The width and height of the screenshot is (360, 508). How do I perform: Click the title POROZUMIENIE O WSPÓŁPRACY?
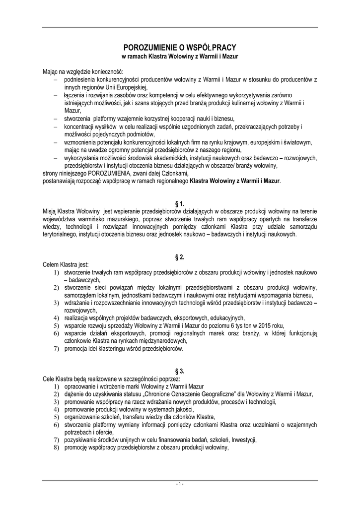pos(180,48)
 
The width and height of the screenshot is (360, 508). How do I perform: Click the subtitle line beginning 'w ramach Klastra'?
pos(180,57)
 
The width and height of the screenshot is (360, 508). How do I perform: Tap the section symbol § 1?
pos(180,204)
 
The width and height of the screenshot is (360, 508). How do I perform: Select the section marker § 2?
pos(180,257)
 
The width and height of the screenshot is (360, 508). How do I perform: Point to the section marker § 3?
pos(180,371)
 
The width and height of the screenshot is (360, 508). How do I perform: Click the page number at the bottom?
pos(180,484)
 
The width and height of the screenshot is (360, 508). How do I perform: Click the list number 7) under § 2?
pos(56,349)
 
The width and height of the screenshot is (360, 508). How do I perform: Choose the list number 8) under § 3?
pos(56,447)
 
